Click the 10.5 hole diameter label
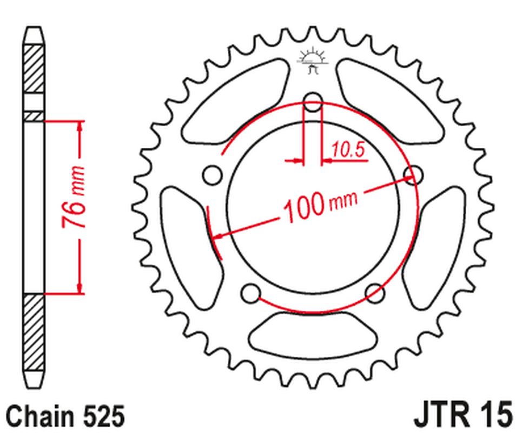348,150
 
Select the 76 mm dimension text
73,197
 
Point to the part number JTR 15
462,415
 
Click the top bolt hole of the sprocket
313,102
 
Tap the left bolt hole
213,175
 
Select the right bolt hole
413,175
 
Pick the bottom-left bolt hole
251,293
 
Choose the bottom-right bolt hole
375,293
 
